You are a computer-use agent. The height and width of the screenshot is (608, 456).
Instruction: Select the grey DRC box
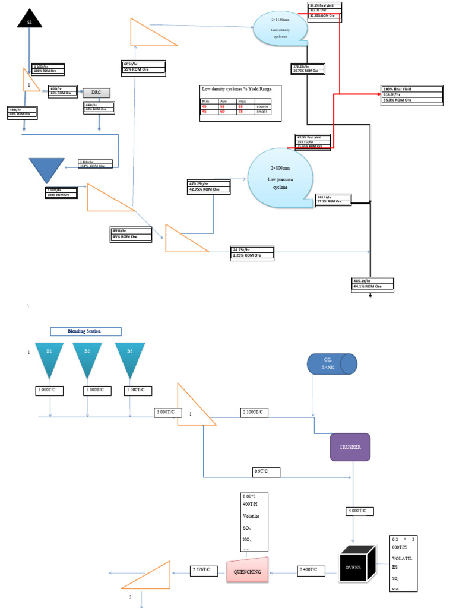pyautogui.click(x=96, y=92)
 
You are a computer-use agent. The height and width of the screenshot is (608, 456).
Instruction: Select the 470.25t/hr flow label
pyautogui.click(x=208, y=186)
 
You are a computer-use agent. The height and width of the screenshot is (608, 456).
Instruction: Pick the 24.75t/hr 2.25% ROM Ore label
pyautogui.click(x=253, y=254)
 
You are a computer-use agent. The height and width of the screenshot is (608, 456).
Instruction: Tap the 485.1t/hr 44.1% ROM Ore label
pyautogui.click(x=373, y=283)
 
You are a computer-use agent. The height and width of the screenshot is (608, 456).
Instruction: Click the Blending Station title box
pyautogui.click(x=85, y=331)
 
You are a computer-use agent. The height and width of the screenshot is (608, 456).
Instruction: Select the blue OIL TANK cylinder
pyautogui.click(x=331, y=363)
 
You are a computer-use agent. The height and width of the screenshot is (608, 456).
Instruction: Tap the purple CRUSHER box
pyautogui.click(x=350, y=447)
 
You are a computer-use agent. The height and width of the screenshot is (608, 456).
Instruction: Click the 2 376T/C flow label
pyautogui.click(x=204, y=571)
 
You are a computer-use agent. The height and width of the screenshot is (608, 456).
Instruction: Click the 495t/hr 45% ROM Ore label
pyautogui.click(x=131, y=233)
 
